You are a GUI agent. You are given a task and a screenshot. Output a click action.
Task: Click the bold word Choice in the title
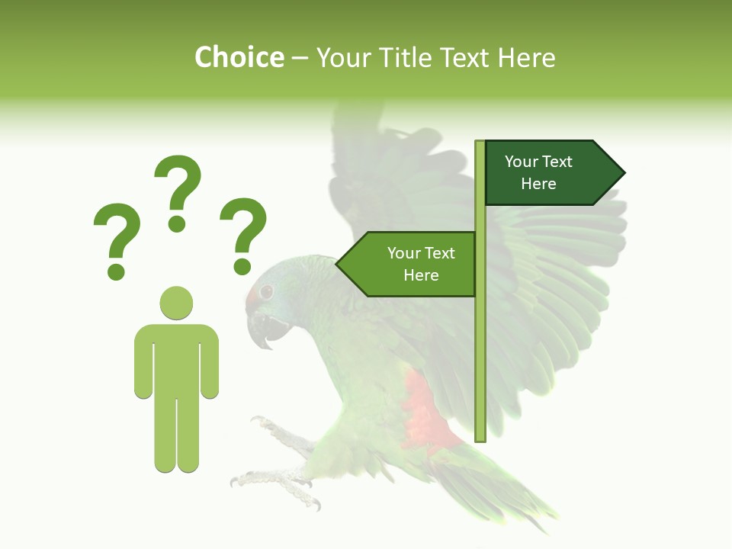tap(239, 57)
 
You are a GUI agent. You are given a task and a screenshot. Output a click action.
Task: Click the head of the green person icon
tap(176, 303)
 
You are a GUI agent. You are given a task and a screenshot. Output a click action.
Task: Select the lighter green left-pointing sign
tap(412, 264)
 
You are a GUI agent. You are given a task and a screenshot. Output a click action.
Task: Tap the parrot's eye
tap(266, 291)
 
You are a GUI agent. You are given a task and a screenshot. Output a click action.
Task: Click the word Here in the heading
tap(526, 57)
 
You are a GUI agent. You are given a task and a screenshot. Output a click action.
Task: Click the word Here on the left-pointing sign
tap(421, 275)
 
